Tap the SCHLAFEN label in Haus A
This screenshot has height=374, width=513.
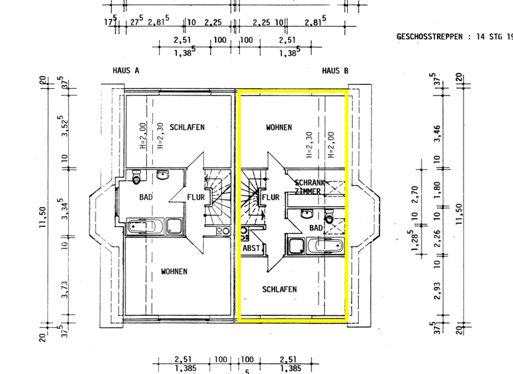pos(186,127)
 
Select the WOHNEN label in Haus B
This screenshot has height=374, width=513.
pos(279,127)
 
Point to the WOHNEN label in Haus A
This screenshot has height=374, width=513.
pos(174,272)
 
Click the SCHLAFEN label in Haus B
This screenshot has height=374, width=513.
pos(279,289)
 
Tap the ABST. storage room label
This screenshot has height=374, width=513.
pos(252,248)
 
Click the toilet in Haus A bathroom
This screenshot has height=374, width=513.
pos(137,178)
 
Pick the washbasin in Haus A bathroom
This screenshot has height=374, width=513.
pos(162,176)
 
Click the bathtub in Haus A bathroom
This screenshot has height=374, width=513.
pos(144,226)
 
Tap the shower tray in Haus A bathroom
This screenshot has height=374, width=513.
pos(175,226)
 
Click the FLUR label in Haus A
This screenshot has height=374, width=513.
pos(196,198)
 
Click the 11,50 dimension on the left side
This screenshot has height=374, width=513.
pos(44,217)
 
